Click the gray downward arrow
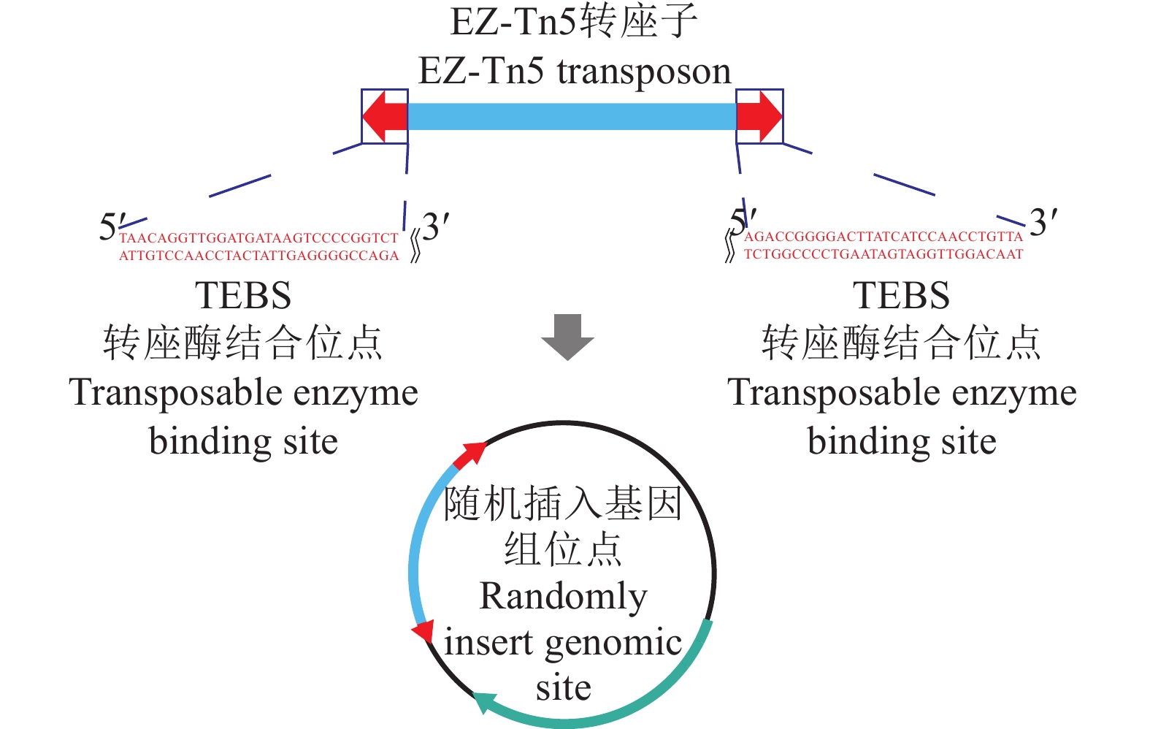(x=567, y=337)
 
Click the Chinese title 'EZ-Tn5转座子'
(x=574, y=22)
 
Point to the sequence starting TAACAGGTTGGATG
(x=258, y=238)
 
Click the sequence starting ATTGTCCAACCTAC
(x=258, y=256)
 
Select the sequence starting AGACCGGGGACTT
(x=883, y=237)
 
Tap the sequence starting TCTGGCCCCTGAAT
(x=883, y=254)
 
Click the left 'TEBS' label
(x=243, y=296)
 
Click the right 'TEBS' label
(x=902, y=296)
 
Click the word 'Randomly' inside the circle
(x=563, y=596)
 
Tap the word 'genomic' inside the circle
(x=613, y=644)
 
